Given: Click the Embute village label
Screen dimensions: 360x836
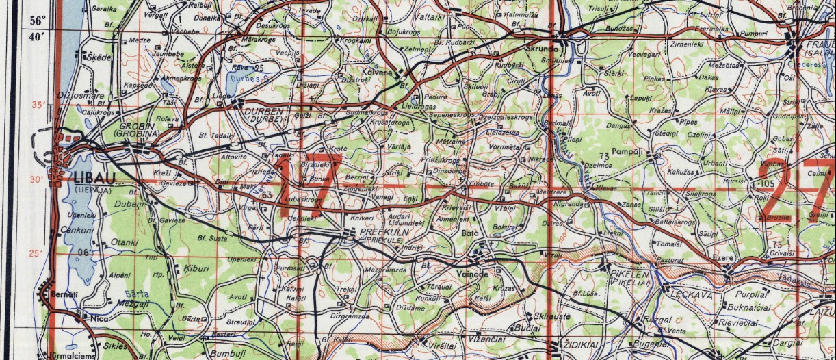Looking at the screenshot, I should point(480,183).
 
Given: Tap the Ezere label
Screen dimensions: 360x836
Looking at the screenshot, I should point(722,259).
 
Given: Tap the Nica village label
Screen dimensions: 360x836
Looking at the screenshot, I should point(98,318).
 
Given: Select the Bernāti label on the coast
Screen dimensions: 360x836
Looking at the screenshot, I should point(66,294).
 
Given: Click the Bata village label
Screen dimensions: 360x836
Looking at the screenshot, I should point(488,233).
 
